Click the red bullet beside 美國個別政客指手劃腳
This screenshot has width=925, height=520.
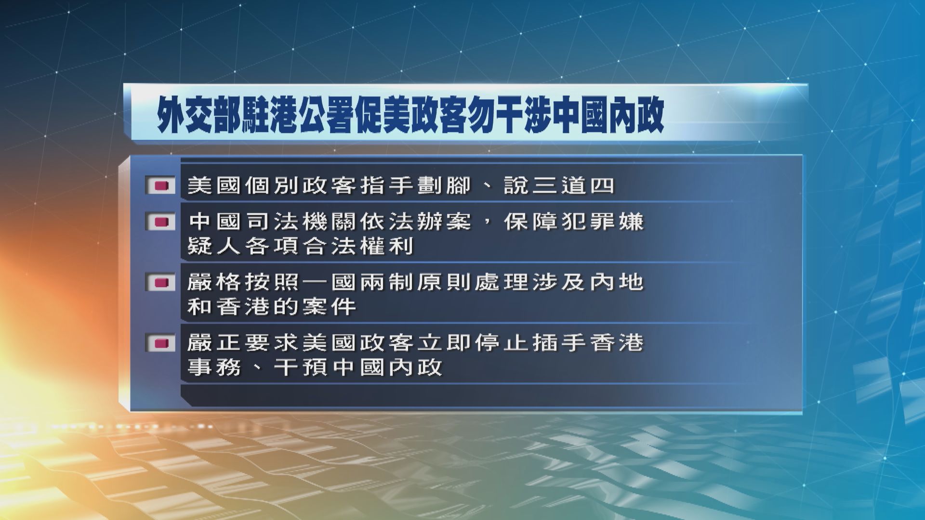(x=160, y=186)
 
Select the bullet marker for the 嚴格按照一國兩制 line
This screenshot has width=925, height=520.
(x=160, y=283)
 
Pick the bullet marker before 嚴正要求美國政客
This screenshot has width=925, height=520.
(x=160, y=343)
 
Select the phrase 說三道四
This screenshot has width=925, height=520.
(x=559, y=186)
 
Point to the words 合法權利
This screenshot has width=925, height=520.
(x=357, y=247)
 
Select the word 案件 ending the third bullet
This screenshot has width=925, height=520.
(x=328, y=307)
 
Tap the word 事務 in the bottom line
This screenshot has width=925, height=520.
(x=214, y=368)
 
